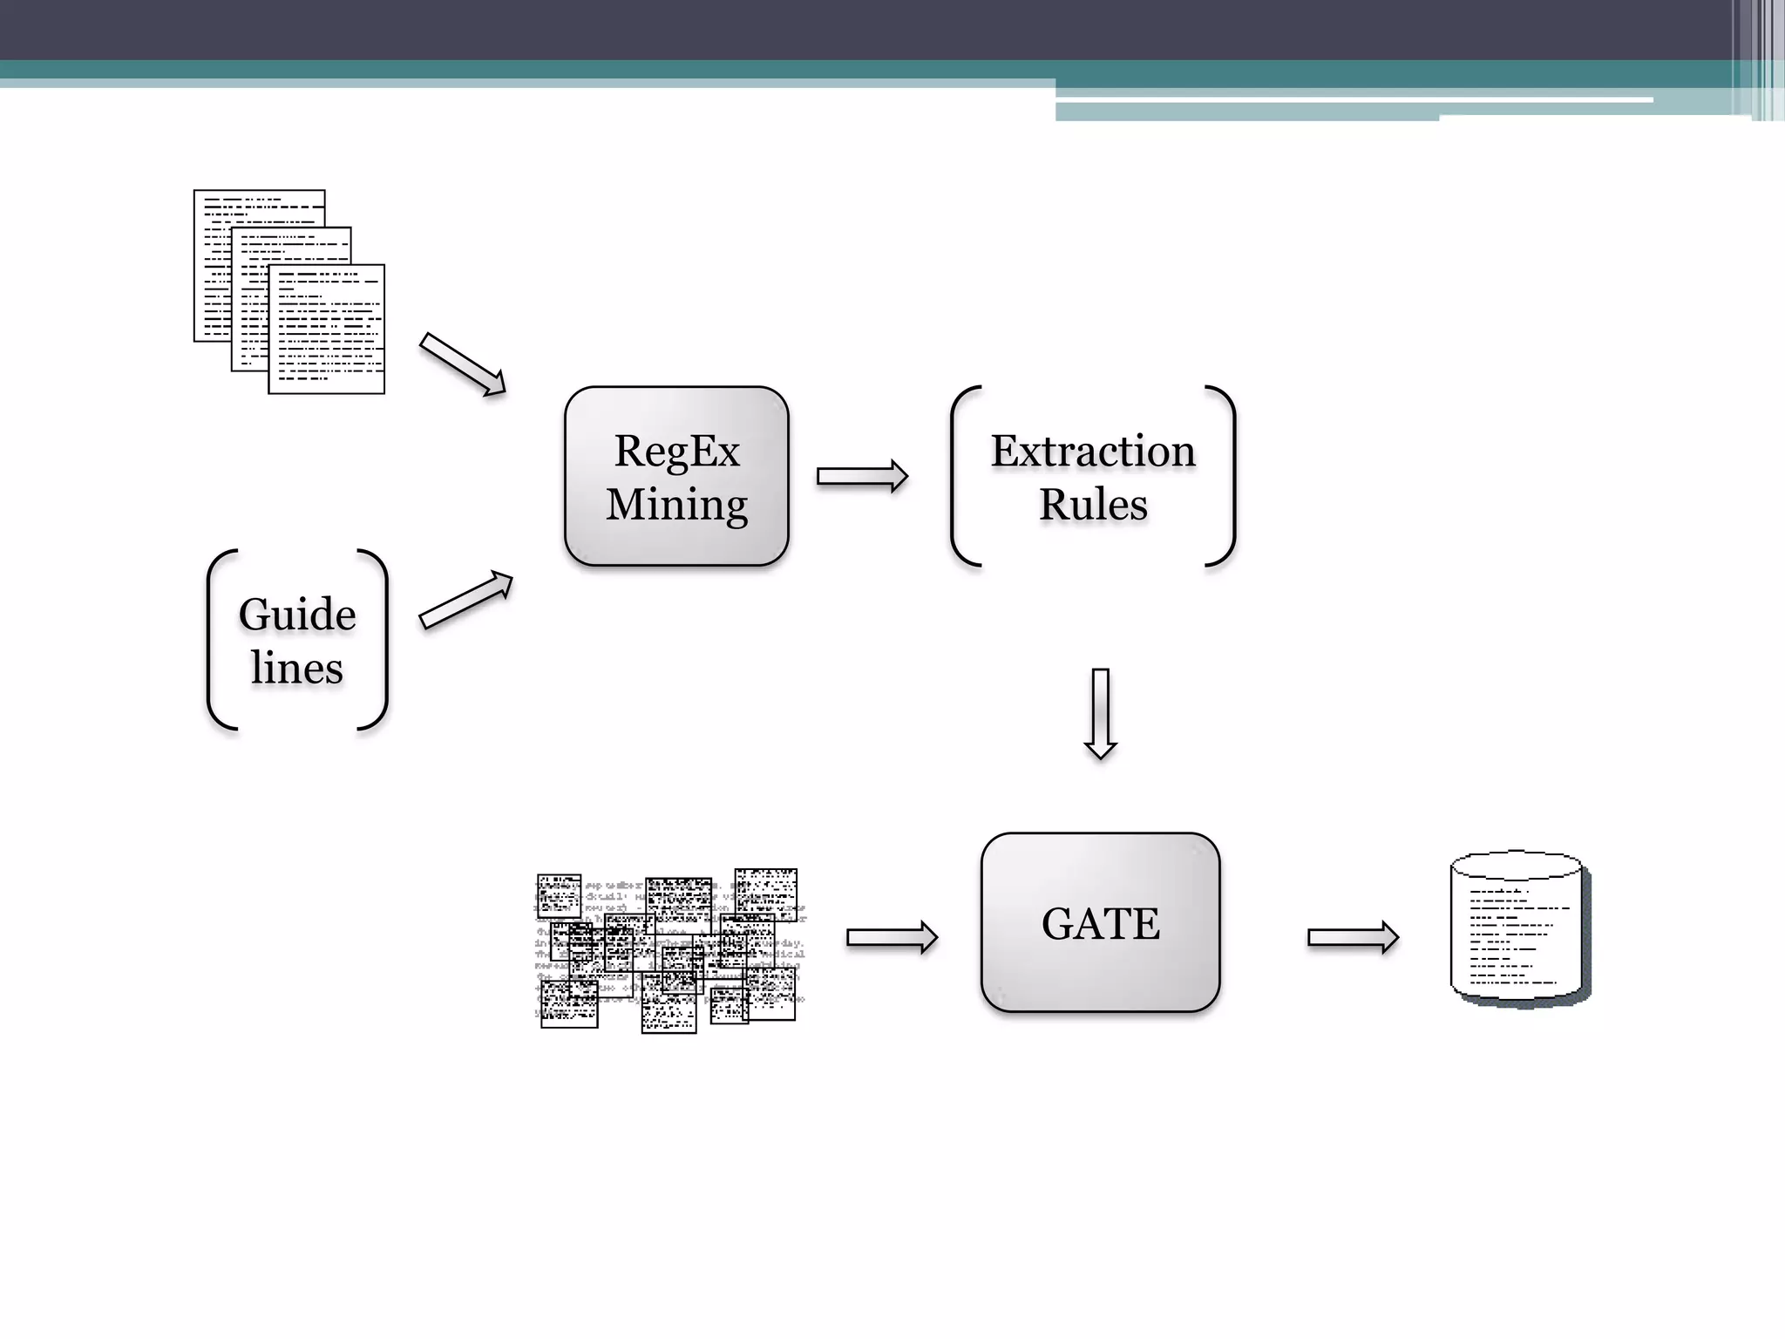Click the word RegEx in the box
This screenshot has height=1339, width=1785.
coord(676,452)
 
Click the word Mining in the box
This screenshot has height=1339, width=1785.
coord(676,505)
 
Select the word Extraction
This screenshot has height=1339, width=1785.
coord(1093,452)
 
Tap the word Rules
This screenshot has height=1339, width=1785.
coord(1093,505)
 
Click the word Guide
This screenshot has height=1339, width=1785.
coord(297,615)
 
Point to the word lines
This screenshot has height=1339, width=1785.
coord(297,669)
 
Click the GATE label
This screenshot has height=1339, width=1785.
coord(1100,924)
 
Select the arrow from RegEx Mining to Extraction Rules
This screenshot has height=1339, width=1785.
coord(862,476)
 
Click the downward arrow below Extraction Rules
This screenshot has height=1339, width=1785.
coord(1100,713)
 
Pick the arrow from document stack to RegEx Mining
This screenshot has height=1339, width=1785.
coord(462,364)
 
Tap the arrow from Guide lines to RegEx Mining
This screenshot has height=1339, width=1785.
coord(465,599)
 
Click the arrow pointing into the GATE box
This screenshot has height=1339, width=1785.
coord(892,937)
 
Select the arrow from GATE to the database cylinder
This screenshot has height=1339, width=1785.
coord(1353,937)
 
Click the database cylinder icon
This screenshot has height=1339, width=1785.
coord(1518,929)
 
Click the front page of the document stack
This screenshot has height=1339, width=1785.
coord(327,331)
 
